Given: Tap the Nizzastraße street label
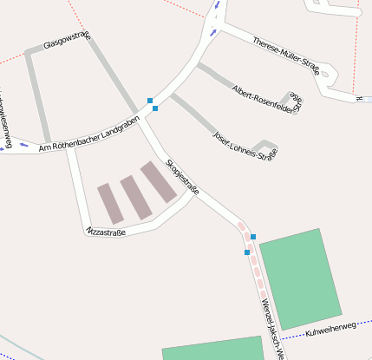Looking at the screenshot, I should tap(107, 232).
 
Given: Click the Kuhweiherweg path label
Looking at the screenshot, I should tap(332, 327).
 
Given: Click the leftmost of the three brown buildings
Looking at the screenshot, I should tap(109, 203).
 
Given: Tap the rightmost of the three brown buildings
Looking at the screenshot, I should tap(159, 182).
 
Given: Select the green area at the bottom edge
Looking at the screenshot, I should tap(212, 349).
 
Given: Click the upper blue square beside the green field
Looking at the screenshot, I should tap(253, 236).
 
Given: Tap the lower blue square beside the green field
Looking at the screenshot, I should tap(247, 252).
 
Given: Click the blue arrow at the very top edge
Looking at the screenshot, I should tap(216, 3).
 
